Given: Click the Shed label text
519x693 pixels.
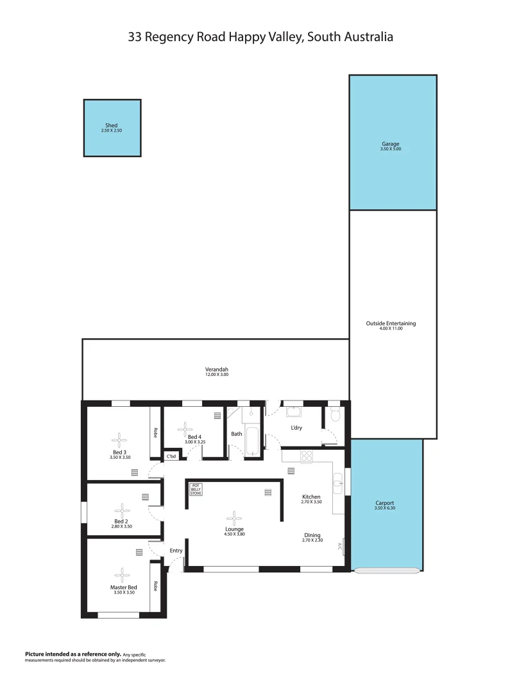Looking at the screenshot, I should [112, 126].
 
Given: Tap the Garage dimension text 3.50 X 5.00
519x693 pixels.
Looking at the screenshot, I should [391, 150].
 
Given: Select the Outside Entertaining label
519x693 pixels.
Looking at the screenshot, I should [391, 323].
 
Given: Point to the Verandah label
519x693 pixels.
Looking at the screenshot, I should [217, 370].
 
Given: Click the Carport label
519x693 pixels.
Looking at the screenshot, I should [385, 503].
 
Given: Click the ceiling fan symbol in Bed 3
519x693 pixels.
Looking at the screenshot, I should [119, 440].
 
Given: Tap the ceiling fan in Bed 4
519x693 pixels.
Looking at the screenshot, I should [185, 429].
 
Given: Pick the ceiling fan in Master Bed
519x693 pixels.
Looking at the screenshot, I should [121, 575].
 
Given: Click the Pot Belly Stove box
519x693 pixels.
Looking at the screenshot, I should [196, 490].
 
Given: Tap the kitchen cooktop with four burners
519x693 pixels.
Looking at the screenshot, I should [307, 456].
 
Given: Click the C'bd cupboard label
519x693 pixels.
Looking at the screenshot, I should [171, 456].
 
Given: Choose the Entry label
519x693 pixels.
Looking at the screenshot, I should [176, 551].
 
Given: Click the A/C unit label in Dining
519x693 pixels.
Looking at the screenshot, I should [341, 546].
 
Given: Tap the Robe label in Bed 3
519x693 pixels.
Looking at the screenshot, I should [155, 433].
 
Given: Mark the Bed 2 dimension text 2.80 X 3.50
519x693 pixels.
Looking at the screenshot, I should [121, 526].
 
